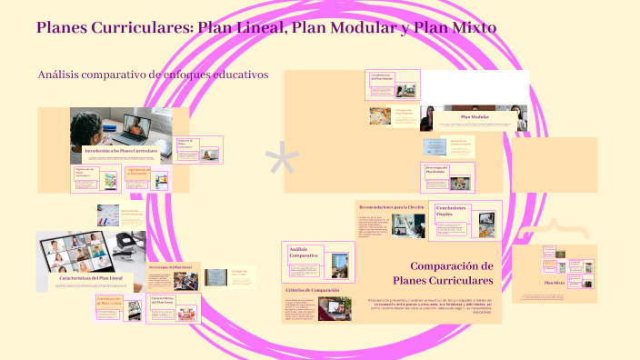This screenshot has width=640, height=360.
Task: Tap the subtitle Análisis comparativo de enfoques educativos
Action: point(153,75)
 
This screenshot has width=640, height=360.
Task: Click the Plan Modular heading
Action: point(475,117)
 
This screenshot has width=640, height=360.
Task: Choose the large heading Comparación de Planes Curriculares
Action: point(443,273)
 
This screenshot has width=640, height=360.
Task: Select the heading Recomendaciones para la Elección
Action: point(391,207)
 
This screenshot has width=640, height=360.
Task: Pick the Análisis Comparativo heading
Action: point(303,253)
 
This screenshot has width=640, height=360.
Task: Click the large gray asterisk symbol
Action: point(282,161)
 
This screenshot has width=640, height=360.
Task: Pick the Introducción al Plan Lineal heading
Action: point(108,301)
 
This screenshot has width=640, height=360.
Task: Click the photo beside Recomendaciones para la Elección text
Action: point(408,225)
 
